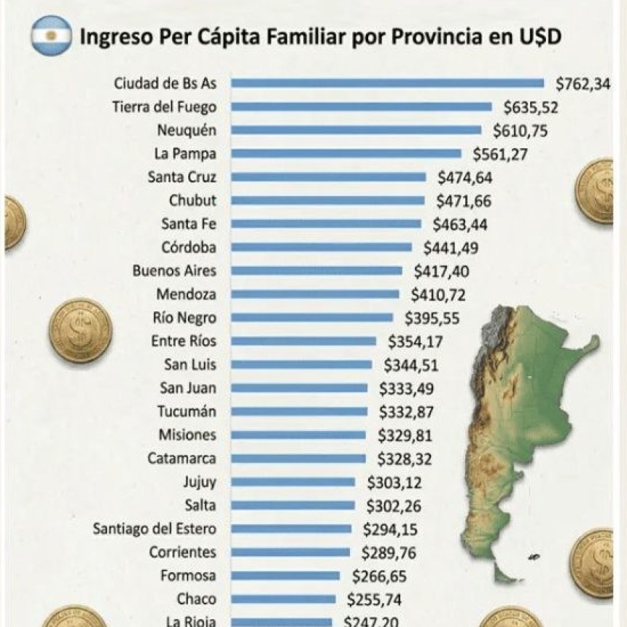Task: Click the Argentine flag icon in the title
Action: (51, 36)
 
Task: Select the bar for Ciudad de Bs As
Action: (387, 83)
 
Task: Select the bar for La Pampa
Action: (346, 154)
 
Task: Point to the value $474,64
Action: (464, 177)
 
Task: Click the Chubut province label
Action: (192, 200)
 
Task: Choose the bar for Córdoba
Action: (322, 247)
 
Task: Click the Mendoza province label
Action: (186, 295)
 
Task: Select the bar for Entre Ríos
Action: (303, 341)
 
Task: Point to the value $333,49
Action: (405, 389)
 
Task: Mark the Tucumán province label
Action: (187, 412)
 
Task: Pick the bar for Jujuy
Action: (293, 482)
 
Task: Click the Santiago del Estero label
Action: (154, 529)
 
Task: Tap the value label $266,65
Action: (378, 576)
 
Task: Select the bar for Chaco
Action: (284, 599)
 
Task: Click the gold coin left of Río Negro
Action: (80, 330)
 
